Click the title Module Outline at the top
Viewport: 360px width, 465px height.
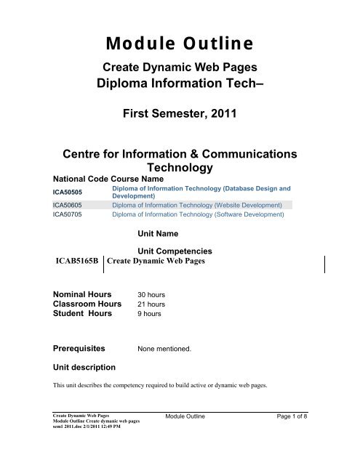[180, 44]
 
